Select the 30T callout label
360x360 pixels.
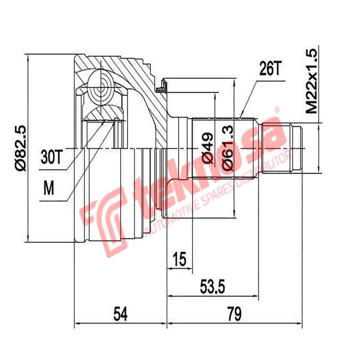(51, 157)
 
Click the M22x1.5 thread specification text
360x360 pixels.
(311, 81)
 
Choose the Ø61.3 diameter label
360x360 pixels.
(228, 148)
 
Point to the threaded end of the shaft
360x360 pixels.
(296, 148)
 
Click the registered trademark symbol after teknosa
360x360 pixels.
(278, 109)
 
